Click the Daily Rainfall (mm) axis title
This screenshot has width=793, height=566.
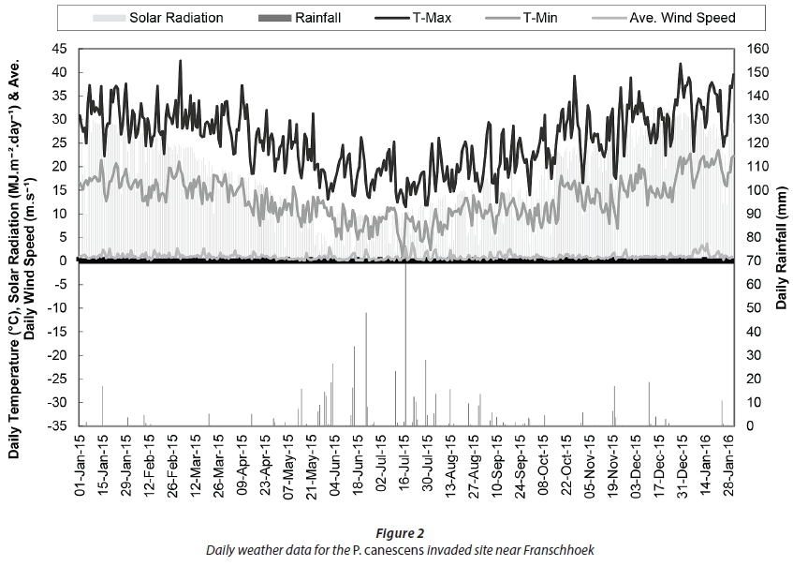(781, 237)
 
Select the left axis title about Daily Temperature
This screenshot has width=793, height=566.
(25, 237)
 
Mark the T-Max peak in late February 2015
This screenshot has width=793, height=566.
(180, 62)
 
